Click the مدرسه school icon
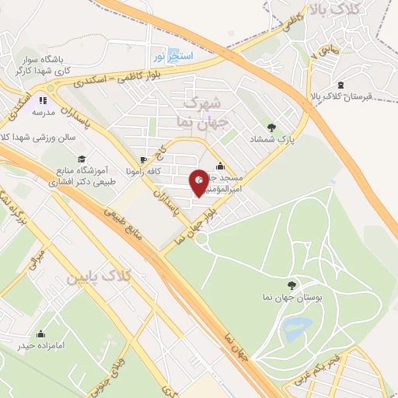pos(43,100)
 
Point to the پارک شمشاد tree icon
pos(271,127)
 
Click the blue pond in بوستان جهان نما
pos(297,328)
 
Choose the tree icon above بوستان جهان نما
pos(292,285)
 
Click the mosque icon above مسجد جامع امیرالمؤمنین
pos(221,165)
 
